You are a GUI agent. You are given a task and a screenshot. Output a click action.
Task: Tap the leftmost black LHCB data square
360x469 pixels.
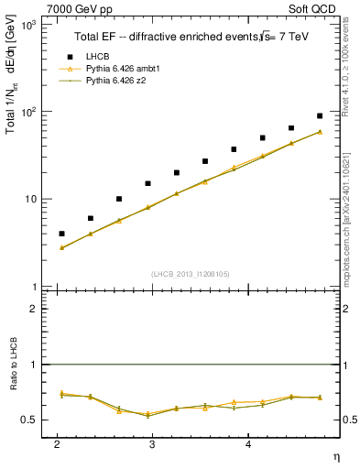point(61,234)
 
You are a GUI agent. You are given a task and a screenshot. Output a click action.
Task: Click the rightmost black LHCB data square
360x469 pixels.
point(320,116)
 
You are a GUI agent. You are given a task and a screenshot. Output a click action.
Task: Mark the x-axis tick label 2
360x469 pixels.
point(58,444)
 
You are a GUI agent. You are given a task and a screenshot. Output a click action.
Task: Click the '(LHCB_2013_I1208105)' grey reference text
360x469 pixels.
point(191,275)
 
